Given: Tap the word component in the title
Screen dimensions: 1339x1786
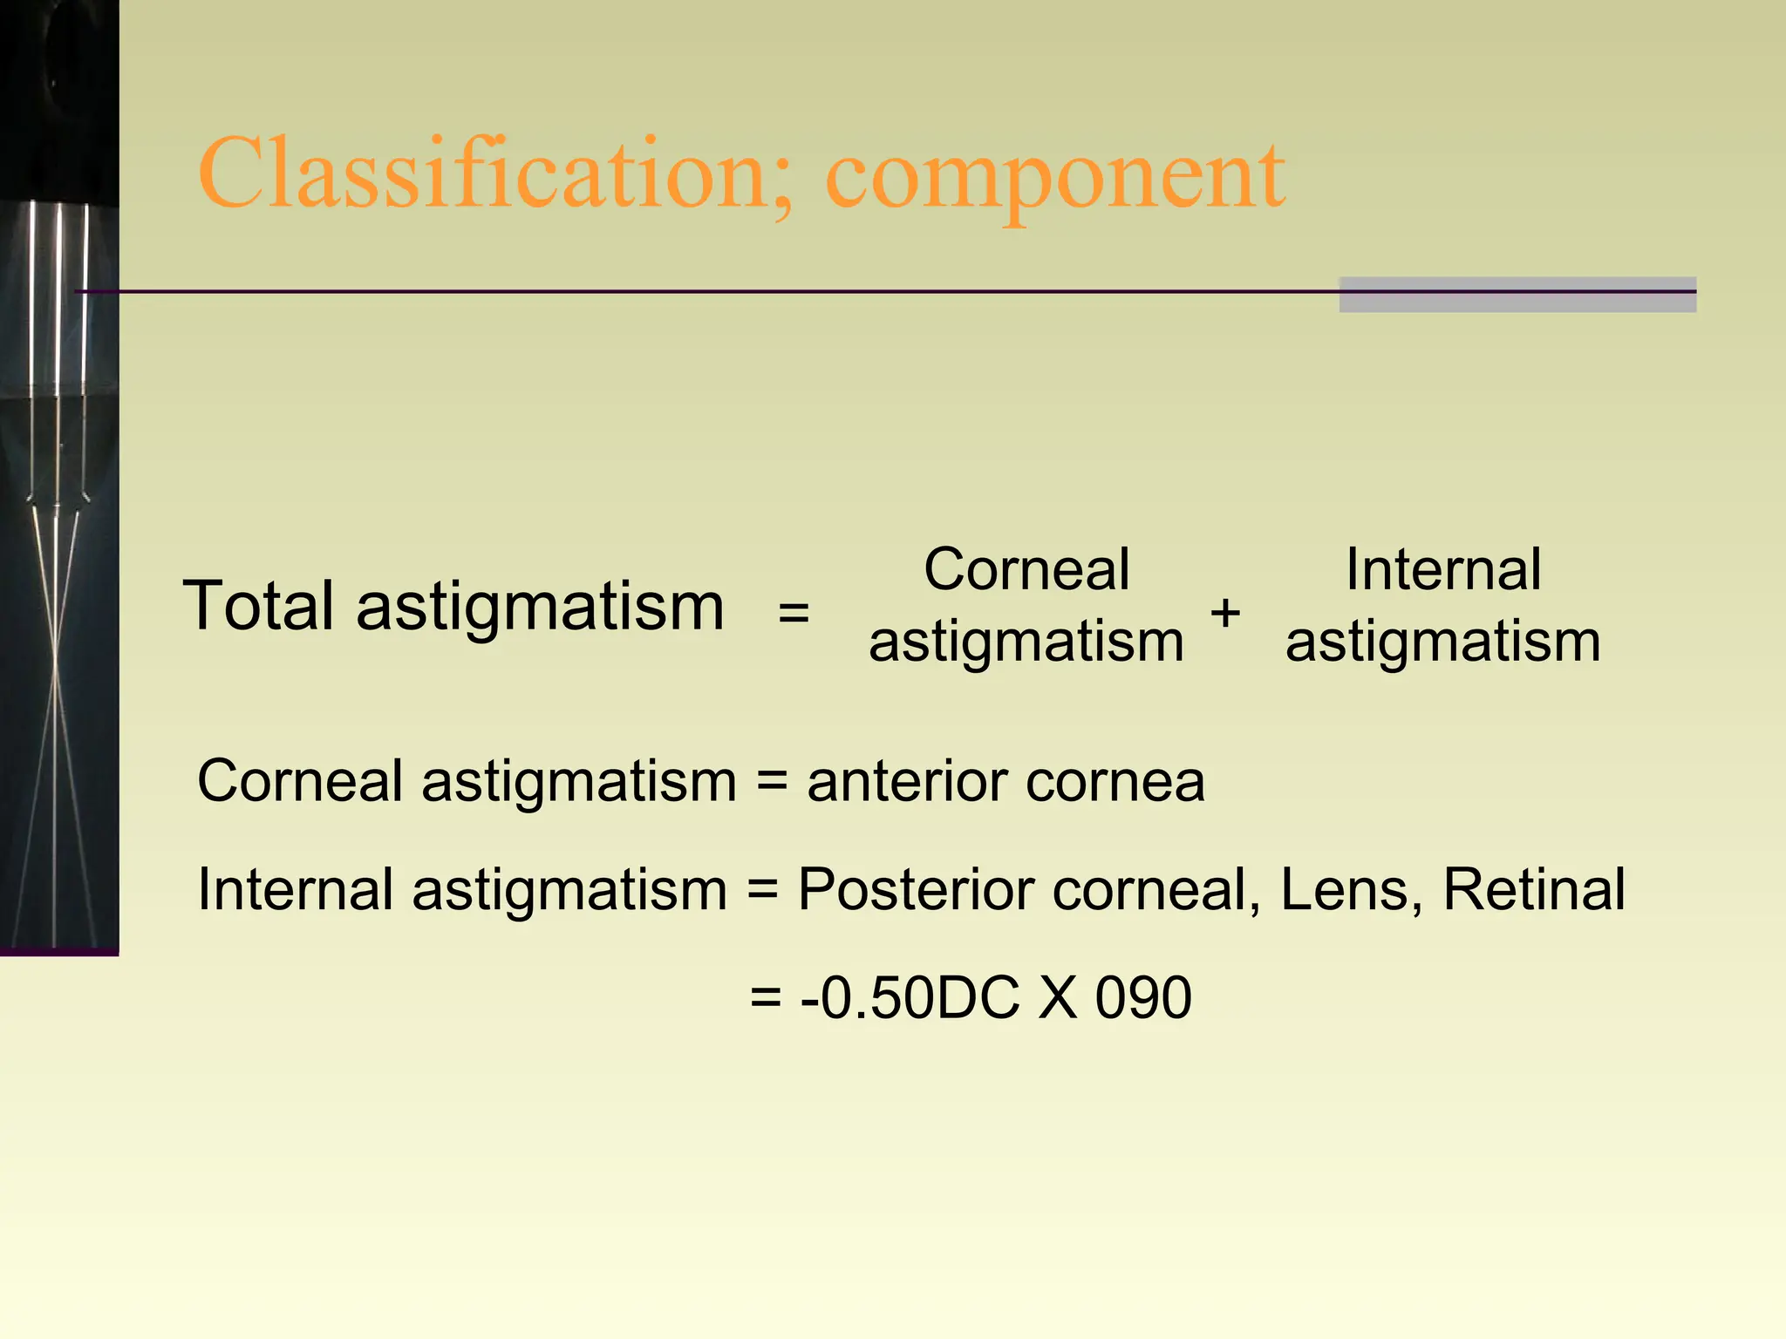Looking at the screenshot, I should [1055, 179].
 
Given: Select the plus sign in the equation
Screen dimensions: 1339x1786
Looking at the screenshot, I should [1225, 612].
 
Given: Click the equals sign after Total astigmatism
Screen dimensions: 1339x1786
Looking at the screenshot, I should [794, 612].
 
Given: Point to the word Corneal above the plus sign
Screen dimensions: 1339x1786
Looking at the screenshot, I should [1026, 570].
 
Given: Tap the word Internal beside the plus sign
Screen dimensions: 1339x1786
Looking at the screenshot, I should [1443, 570].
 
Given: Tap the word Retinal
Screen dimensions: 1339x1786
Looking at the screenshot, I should [1534, 890].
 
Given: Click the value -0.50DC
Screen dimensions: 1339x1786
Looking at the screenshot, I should [910, 997].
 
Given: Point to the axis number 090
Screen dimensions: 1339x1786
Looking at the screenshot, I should [1143, 997].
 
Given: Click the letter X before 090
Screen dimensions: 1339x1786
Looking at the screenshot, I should [1058, 997].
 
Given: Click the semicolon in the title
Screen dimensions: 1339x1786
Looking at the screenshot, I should [782, 187].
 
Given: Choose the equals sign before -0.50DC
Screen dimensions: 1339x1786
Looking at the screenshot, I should [766, 998].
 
